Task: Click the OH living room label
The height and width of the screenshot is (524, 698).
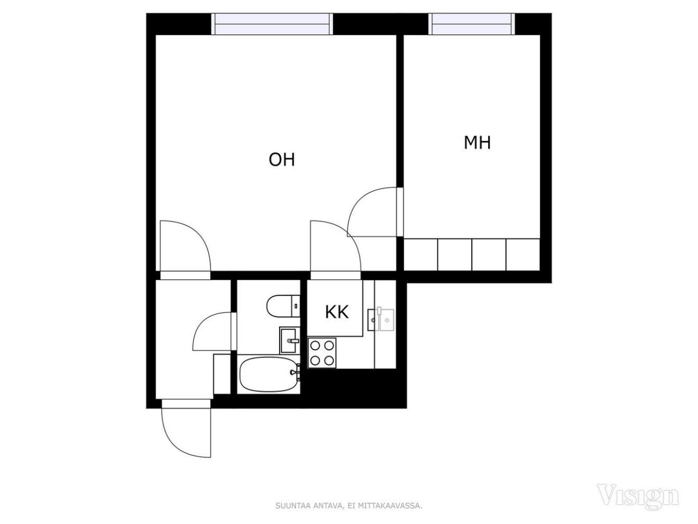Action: click(x=282, y=159)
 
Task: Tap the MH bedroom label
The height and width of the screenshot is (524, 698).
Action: click(x=477, y=142)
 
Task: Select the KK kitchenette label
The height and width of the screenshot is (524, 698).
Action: click(x=336, y=312)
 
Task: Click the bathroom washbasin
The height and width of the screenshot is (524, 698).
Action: click(x=289, y=340)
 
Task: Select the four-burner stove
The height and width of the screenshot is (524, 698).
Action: click(x=322, y=352)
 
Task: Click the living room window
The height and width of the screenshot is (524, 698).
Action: click(x=272, y=24)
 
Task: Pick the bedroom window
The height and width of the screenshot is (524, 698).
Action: click(x=472, y=24)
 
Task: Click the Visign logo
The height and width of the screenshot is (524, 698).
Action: click(x=638, y=495)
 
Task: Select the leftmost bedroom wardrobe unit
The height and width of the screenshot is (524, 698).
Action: click(x=421, y=254)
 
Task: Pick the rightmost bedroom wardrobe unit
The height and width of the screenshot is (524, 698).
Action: click(x=522, y=254)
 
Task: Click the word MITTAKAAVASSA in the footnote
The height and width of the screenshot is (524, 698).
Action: click(x=394, y=506)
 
